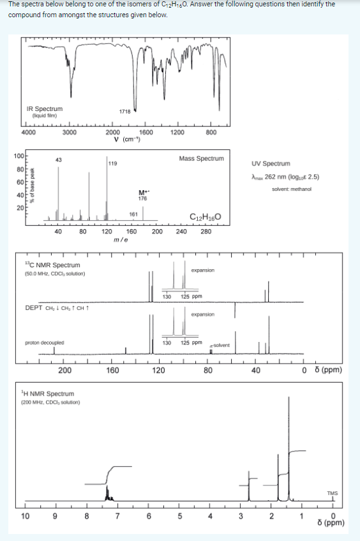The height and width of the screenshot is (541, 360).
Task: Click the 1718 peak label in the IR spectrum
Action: tap(124, 111)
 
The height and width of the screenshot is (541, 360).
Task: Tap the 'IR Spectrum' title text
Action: tap(44, 109)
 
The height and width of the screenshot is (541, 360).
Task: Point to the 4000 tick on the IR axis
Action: tap(28, 133)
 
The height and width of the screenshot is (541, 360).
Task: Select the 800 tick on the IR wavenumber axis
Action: tap(212, 133)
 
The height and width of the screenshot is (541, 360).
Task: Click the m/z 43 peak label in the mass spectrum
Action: tap(58, 159)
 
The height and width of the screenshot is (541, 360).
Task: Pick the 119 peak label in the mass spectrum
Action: tap(112, 163)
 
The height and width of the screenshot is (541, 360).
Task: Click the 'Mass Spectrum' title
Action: tap(202, 158)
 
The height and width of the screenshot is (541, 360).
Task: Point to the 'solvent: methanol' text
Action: tap(290, 189)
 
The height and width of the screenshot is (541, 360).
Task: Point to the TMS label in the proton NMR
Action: tap(333, 493)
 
